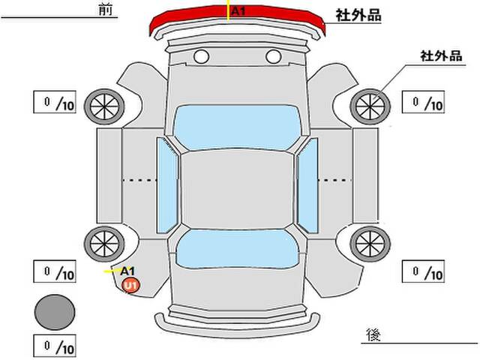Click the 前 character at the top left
[x=105, y=10]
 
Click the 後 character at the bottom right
[x=373, y=334]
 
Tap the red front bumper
[x=237, y=19]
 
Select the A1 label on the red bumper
[x=238, y=11]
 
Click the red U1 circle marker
[x=131, y=286]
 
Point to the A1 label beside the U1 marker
[x=127, y=271]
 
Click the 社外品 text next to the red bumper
[x=358, y=15]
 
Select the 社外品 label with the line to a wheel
[x=441, y=56]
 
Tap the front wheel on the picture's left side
[x=104, y=106]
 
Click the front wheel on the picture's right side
[x=370, y=106]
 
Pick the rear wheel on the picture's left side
[x=104, y=244]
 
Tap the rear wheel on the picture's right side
[x=370, y=244]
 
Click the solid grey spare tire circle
[x=55, y=312]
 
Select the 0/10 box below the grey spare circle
[x=55, y=346]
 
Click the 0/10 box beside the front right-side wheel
[x=423, y=102]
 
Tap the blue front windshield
[x=237, y=127]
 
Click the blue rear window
[x=237, y=249]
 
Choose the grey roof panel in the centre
[x=237, y=190]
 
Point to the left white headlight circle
[x=202, y=57]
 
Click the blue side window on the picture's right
[x=307, y=185]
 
